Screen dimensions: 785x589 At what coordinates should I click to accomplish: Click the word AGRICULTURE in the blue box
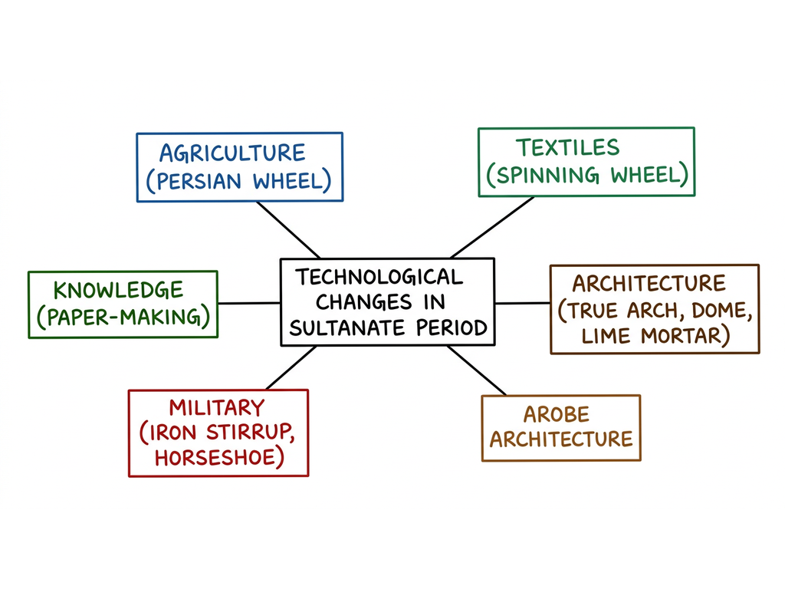pos(232,153)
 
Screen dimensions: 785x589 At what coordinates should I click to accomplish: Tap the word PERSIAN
pos(199,181)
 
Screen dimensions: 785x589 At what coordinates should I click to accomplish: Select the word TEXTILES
pos(568,148)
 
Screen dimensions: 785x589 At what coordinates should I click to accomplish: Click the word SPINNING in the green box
pos(547,176)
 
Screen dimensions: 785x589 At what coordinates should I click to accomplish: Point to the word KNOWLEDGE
pos(119,291)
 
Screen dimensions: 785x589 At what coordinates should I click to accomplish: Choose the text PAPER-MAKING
pos(123,317)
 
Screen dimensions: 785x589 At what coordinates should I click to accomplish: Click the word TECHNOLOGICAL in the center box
pos(379,277)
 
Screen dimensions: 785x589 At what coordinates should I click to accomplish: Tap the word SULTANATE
pos(347,328)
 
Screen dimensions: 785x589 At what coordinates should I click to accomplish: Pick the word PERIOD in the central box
pos(452,328)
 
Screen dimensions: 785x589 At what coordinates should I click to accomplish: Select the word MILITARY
pos(217,408)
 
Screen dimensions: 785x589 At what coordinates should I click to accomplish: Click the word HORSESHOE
pos(215,458)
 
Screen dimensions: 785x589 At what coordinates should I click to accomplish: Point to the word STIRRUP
pos(249,433)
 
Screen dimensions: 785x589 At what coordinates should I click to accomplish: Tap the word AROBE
pos(557,415)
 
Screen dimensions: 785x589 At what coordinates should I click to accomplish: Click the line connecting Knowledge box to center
pos(249,303)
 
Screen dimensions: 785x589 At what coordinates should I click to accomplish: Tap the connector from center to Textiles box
pos(493,227)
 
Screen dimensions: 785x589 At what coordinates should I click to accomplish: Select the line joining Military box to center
pos(291,367)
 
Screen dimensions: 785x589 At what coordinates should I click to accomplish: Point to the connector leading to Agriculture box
pos(288,230)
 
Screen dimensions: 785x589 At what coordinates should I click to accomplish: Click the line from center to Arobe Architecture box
pos(477,370)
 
